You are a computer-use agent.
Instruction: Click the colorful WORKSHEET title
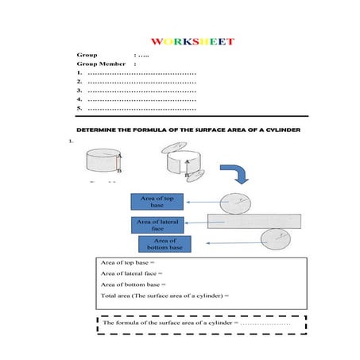(192, 41)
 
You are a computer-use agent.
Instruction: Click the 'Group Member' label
(101, 64)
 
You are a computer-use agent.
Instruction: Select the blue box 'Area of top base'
(157, 201)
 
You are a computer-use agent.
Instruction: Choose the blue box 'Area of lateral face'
(157, 224)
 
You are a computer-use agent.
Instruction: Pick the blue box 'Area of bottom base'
(165, 244)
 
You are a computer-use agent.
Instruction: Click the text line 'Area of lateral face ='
(132, 273)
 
